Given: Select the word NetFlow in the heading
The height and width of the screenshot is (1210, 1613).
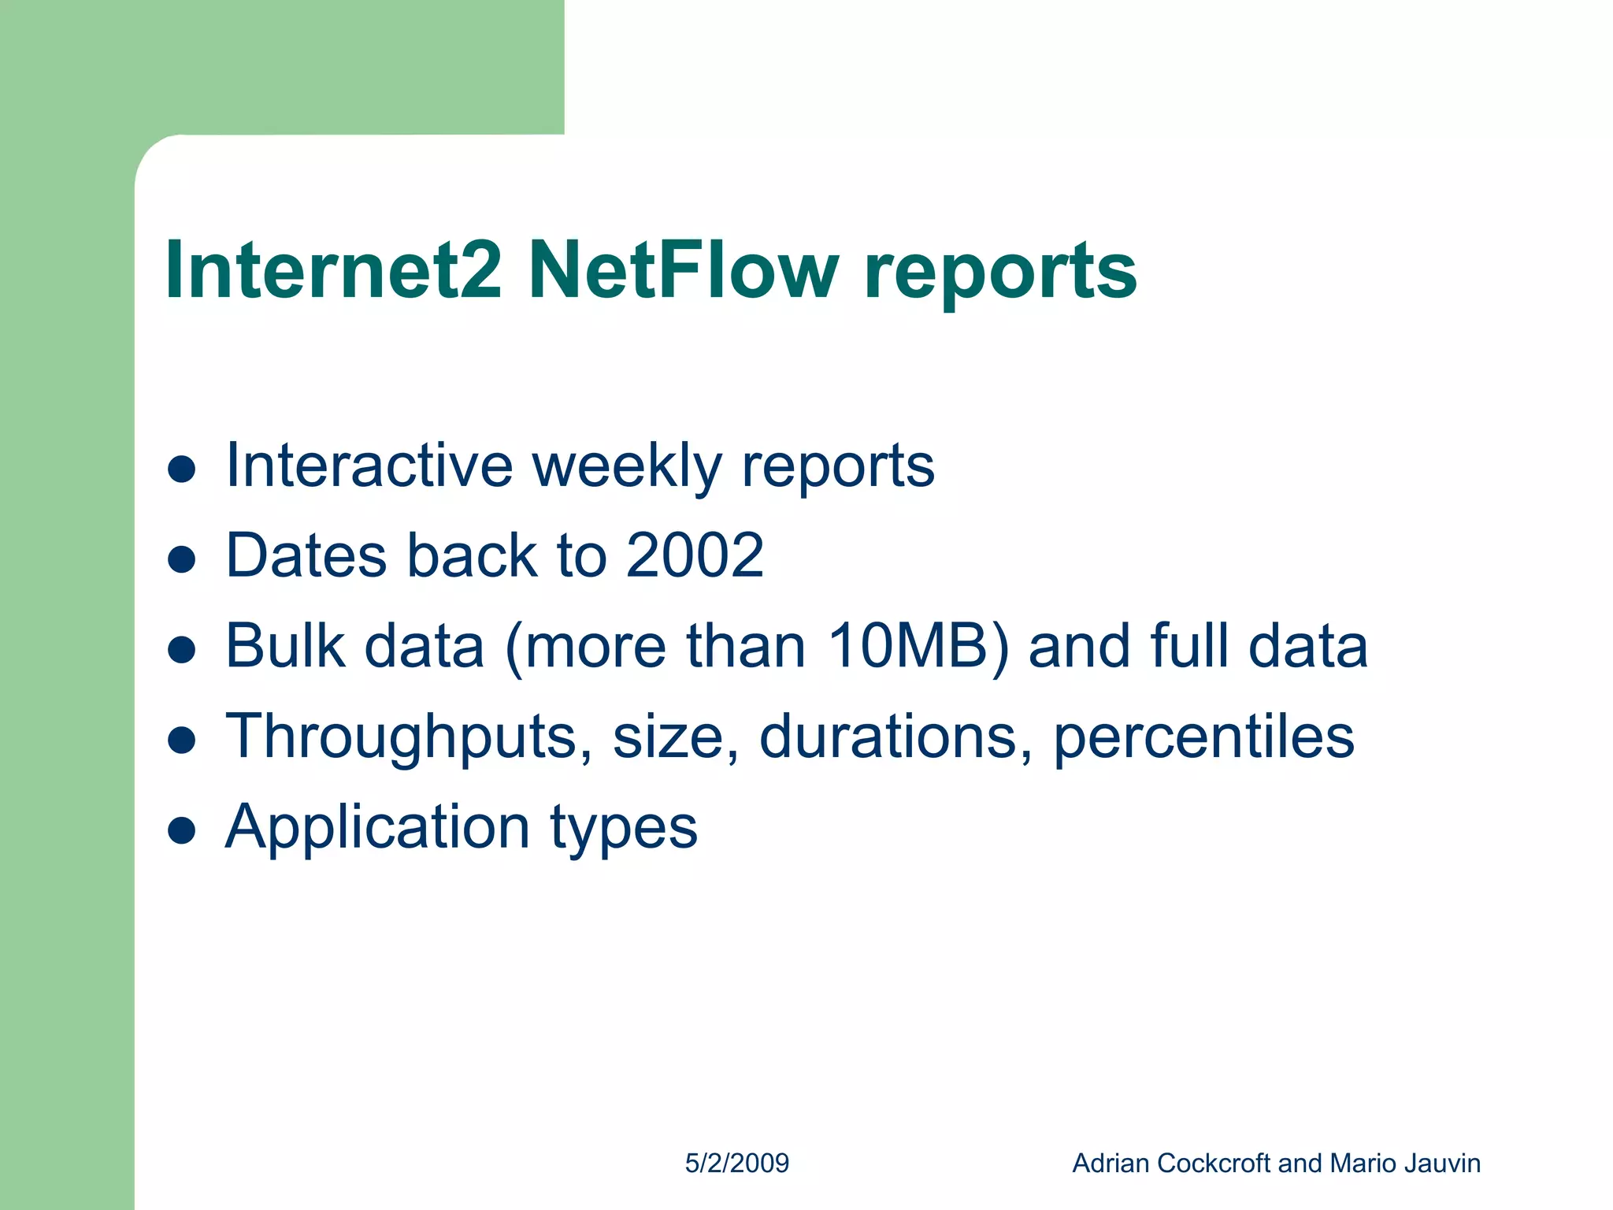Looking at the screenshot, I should [683, 270].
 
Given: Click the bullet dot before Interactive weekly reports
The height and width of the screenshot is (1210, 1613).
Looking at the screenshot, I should [182, 469].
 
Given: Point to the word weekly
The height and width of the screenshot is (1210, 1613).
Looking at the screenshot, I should [627, 466].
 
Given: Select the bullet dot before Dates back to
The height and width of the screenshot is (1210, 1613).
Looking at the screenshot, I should [182, 559].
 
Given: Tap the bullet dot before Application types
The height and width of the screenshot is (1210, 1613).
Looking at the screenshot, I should [182, 830].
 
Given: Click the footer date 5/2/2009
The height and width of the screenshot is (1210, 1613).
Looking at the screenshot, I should [736, 1164].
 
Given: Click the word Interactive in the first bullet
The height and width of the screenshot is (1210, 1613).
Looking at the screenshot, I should [369, 466].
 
